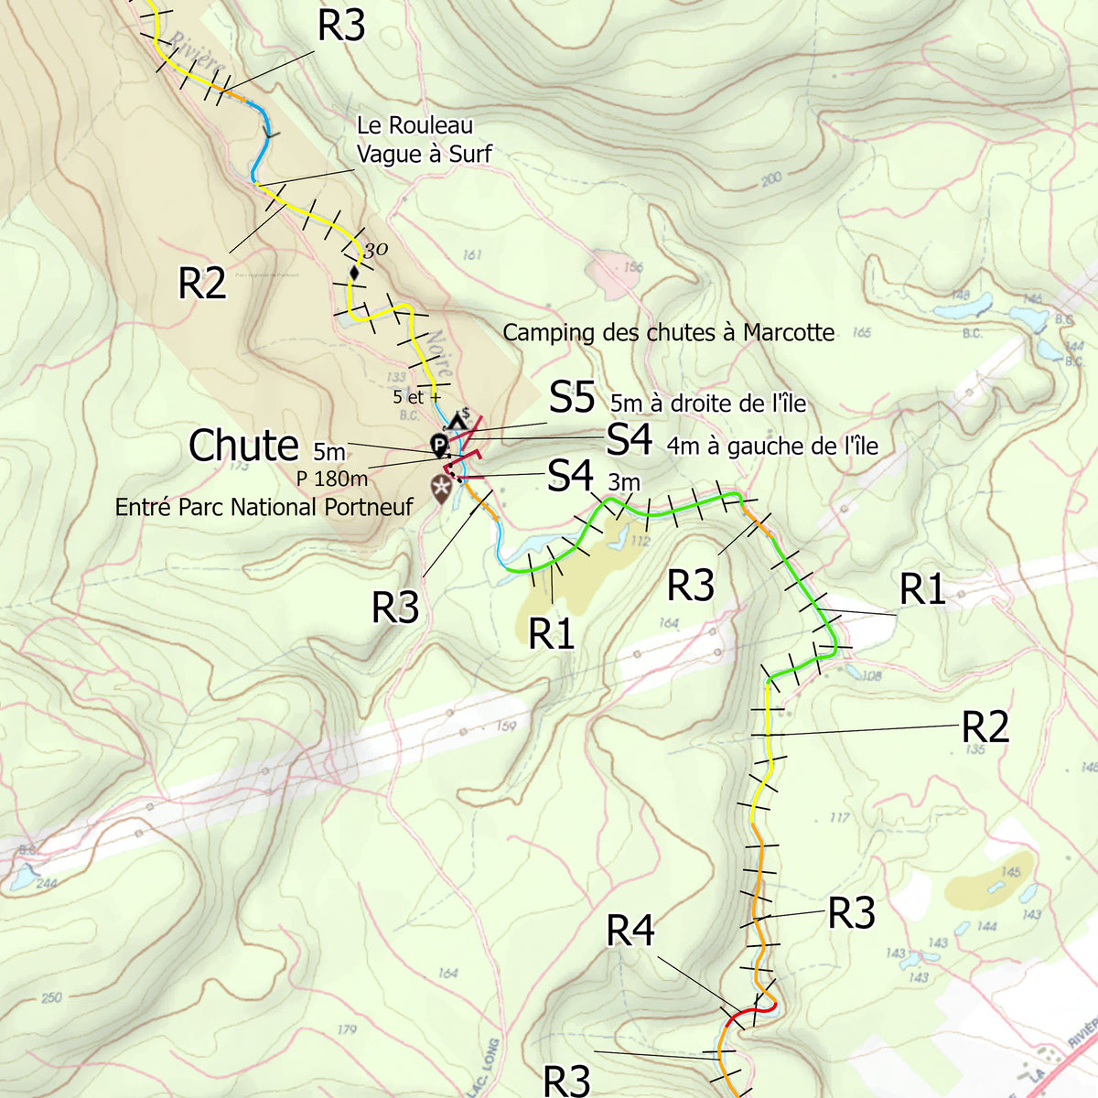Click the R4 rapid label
[630, 931]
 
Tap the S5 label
[573, 398]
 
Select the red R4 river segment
[755, 1008]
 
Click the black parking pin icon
[439, 446]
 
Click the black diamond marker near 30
[354, 273]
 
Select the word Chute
[243, 447]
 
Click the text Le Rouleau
[414, 125]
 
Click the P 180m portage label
[331, 479]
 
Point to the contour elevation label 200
[771, 179]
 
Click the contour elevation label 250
[51, 996]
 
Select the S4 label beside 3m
[571, 476]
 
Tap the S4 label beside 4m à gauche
[630, 440]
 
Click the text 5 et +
[416, 397]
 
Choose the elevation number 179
[346, 1029]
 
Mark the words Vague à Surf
[424, 154]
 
